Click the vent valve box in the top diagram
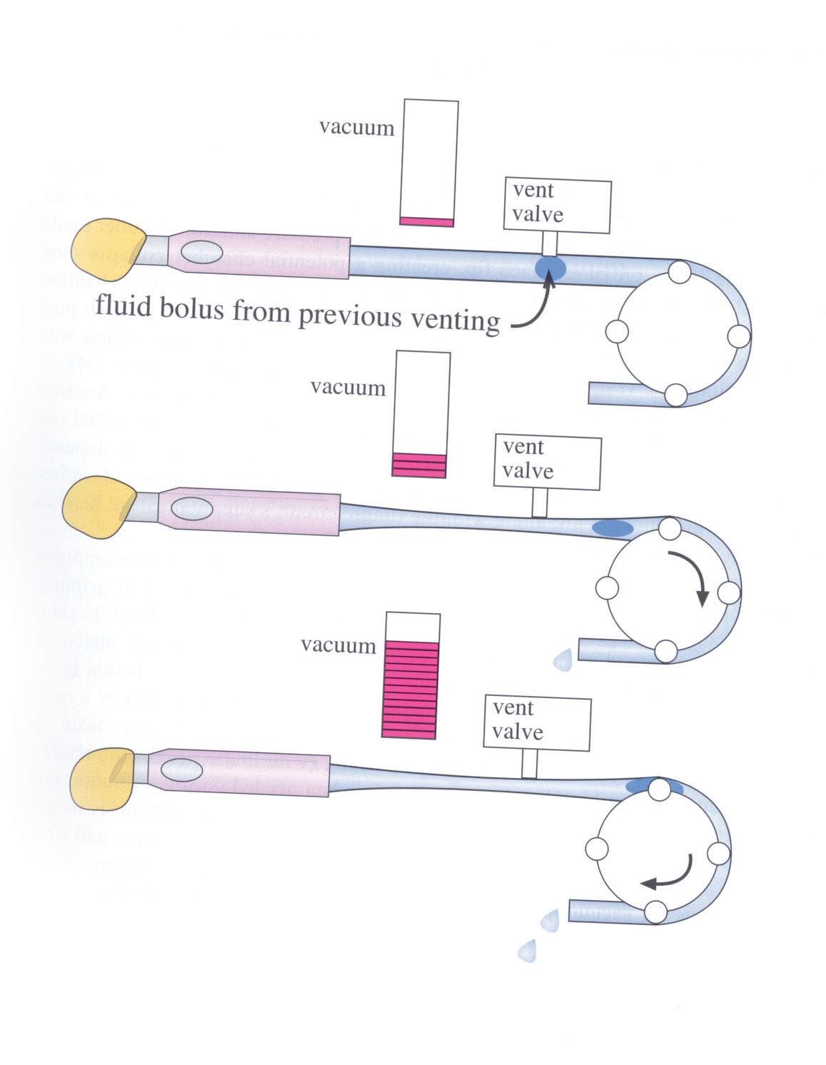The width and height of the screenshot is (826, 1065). point(557,206)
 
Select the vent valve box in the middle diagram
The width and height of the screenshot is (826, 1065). point(548,463)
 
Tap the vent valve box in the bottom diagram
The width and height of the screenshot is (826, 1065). point(537,722)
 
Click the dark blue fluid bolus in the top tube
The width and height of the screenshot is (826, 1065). point(550,267)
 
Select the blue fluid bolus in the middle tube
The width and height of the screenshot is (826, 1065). point(612,528)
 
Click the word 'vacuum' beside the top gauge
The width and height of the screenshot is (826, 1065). point(356,128)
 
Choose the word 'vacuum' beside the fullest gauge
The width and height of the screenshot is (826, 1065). point(338,646)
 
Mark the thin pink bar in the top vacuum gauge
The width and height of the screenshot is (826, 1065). point(426,222)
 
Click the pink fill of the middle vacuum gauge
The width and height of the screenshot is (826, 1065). point(419,465)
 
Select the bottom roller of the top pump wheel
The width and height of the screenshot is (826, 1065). point(676,394)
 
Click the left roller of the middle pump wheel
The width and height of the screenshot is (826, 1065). point(606,587)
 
